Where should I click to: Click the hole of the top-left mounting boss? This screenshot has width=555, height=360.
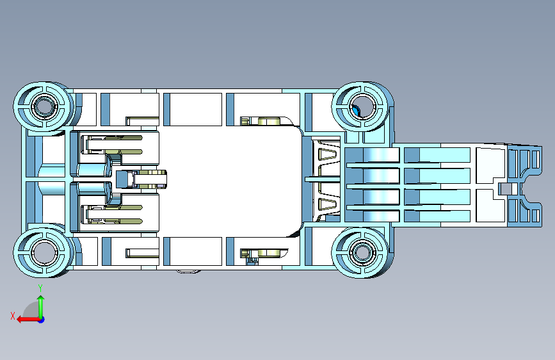click(45, 106)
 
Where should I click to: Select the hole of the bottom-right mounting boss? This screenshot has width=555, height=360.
click(362, 252)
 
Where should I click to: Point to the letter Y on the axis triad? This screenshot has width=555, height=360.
click(40, 288)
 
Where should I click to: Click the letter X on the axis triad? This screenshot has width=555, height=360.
click(13, 315)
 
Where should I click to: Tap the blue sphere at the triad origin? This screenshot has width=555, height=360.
click(41, 319)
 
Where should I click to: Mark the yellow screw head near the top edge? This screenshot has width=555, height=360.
click(270, 121)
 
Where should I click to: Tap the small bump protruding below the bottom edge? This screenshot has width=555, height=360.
click(188, 272)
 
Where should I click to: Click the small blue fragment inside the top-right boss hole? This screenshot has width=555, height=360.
click(356, 111)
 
